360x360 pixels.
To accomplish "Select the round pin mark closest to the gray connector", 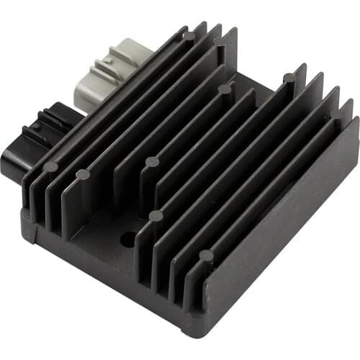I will [188, 36].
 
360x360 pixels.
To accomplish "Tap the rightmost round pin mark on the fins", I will [288, 78].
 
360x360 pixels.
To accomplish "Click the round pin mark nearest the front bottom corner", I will [206, 256].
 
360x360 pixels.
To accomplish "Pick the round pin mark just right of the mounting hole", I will [155, 216].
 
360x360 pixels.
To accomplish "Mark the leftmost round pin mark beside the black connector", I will [50, 167].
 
